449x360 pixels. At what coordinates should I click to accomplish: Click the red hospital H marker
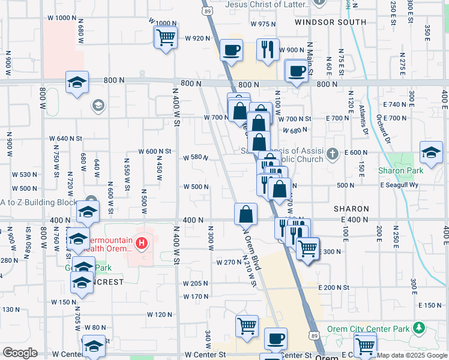tap(142, 243)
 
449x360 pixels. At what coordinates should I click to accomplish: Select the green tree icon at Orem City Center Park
tap(419, 328)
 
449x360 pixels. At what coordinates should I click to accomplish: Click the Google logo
tap(20, 353)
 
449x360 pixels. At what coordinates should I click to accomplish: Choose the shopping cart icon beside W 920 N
tap(165, 37)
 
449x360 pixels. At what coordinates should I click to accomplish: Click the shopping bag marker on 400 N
tap(246, 214)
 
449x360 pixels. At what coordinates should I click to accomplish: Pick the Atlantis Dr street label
tap(363, 119)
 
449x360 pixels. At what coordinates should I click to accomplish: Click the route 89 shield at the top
tap(206, 11)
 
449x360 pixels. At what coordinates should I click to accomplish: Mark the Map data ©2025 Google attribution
tap(412, 355)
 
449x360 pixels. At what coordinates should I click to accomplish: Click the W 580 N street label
tap(196, 158)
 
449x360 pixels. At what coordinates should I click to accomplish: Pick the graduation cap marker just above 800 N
tap(77, 82)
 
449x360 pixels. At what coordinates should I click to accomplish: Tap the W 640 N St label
tap(66, 138)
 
